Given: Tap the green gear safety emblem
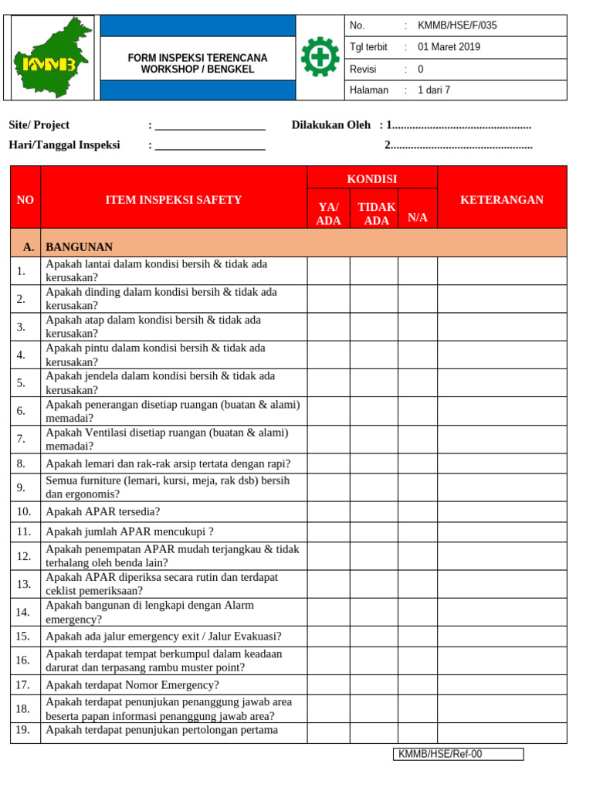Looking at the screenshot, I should tap(319, 57).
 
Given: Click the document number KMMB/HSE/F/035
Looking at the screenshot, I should tap(457, 25).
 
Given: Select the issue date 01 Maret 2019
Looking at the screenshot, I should tap(449, 47).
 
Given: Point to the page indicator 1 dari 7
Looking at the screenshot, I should tap(433, 90).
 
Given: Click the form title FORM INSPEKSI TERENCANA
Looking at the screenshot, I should tap(198, 58).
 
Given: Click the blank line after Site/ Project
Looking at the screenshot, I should tap(210, 126).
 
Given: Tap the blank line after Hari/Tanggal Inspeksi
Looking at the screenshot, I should tap(210, 145).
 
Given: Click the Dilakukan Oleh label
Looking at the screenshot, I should tap(330, 125).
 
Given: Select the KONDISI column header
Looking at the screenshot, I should tap(372, 179).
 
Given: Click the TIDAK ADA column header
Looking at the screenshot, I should tap(376, 214).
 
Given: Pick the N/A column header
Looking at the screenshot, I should tap(418, 218).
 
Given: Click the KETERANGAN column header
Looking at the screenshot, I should tap(502, 200).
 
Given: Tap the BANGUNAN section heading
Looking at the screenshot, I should tap(80, 247).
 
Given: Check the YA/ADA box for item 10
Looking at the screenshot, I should tap(329, 511).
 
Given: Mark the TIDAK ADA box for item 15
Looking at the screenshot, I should tap(374, 637).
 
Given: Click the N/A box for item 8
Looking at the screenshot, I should tap(418, 463).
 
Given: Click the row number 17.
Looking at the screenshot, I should tap(23, 685).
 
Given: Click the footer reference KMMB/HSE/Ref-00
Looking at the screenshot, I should tap(459, 755).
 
